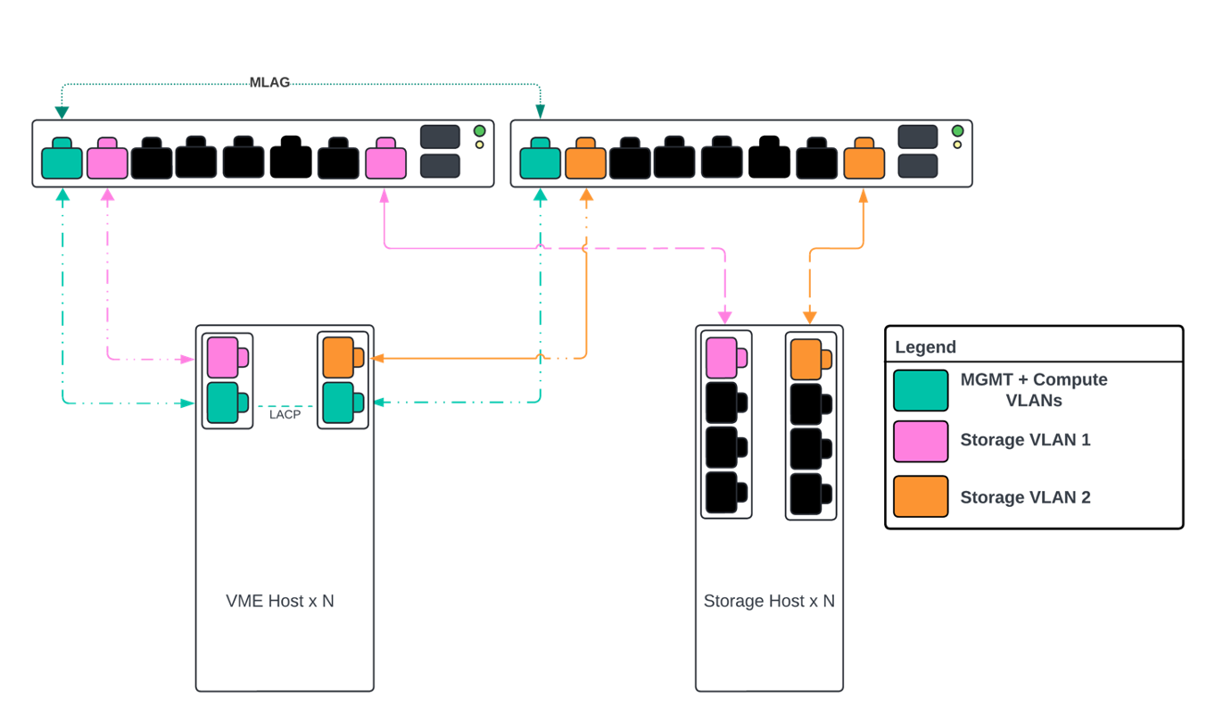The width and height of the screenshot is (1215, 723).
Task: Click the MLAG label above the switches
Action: point(269,82)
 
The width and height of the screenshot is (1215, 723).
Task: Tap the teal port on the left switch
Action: point(62,160)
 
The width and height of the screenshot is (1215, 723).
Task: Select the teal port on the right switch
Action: point(540,160)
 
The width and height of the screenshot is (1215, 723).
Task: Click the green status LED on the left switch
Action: point(479,130)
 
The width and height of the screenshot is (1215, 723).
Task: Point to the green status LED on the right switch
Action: point(957,130)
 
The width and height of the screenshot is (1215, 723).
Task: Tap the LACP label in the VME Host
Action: point(285,414)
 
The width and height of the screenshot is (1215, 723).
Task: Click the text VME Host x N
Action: point(280,601)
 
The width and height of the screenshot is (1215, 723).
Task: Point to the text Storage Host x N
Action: point(769,601)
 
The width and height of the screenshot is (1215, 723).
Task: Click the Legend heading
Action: point(925,347)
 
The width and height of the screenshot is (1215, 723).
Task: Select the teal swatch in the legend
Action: point(921,391)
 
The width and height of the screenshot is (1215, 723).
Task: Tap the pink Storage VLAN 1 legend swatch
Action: point(921,441)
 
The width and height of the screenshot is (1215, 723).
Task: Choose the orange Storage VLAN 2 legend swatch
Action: point(921,497)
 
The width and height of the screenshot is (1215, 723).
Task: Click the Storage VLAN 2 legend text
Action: point(1025,497)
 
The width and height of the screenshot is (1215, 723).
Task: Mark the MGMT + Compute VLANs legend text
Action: point(1034,390)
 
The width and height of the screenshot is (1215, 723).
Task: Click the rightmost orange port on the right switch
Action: point(864,160)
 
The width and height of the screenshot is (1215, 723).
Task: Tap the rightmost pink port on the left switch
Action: point(385,160)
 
